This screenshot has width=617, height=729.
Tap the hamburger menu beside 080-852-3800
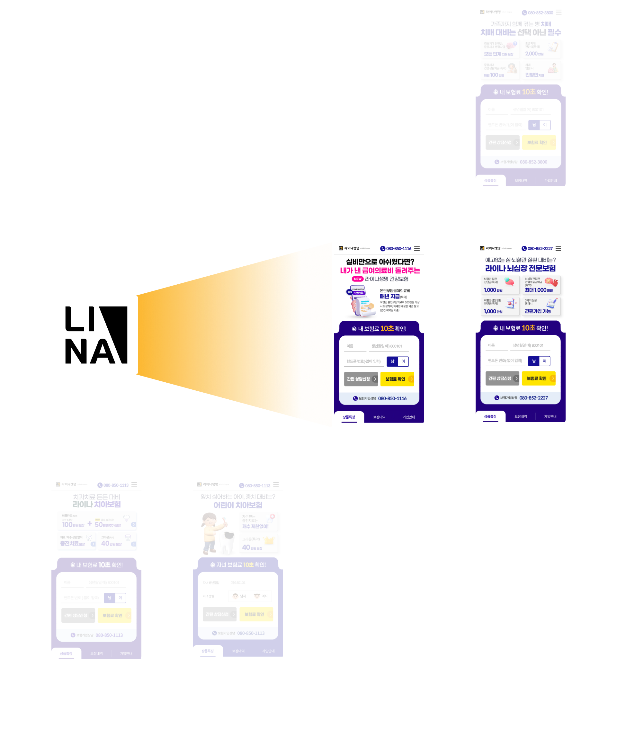pyautogui.click(x=559, y=12)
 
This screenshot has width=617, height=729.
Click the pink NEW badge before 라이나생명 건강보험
pyautogui.click(x=357, y=279)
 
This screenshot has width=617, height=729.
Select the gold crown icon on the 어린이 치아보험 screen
pyautogui.click(x=269, y=540)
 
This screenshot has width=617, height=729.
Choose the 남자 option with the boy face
pyautogui.click(x=239, y=596)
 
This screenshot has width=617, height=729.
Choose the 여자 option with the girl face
pyautogui.click(x=261, y=596)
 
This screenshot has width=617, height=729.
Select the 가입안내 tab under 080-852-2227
pyautogui.click(x=550, y=416)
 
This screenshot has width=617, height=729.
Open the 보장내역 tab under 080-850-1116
pyautogui.click(x=379, y=417)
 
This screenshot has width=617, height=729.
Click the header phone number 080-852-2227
pyautogui.click(x=540, y=249)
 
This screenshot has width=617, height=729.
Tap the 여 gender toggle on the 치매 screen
pyautogui.click(x=545, y=125)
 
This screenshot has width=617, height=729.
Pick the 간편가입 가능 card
pyautogui.click(x=541, y=306)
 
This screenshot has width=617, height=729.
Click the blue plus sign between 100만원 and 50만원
pyautogui.click(x=90, y=523)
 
